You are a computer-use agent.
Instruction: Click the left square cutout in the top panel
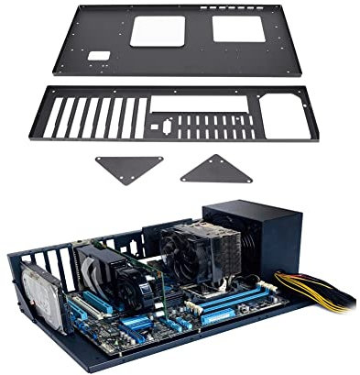158,29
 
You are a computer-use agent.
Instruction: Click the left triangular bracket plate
129,168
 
